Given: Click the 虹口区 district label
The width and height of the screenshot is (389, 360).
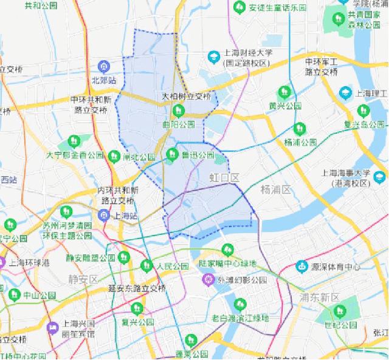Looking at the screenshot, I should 225,177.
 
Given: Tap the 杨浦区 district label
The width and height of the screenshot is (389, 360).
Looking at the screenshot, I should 276,189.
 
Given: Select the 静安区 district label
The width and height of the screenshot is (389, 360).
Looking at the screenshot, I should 83,279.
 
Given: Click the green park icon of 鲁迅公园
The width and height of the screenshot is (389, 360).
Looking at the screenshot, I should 173,154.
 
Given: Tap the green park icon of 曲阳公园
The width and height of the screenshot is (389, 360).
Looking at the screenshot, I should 178,111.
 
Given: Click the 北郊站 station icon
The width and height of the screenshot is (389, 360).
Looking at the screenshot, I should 104,66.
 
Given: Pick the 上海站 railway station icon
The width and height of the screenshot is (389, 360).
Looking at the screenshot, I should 105,214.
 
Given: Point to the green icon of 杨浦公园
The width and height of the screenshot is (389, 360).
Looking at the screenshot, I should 300,129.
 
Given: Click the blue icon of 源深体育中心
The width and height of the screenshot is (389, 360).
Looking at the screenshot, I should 301,265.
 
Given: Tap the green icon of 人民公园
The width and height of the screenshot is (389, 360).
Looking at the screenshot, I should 146,265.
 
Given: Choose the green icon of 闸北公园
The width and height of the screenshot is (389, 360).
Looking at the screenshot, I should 114,157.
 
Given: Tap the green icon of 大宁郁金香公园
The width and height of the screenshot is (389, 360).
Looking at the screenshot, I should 75,141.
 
